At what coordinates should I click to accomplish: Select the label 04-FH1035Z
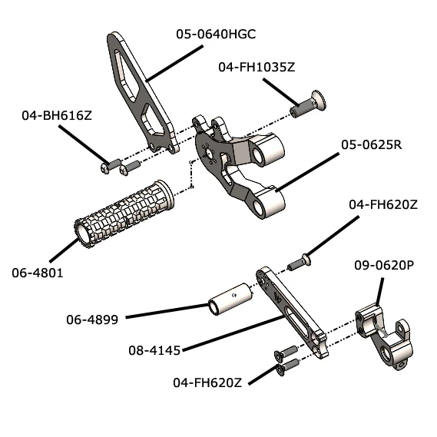pos(257,68)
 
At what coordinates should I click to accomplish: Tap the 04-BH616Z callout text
pos(57,116)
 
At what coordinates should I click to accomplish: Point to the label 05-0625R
pos(371,145)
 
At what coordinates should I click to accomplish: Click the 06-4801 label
pos(37,271)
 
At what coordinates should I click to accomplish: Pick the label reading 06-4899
pos(92,319)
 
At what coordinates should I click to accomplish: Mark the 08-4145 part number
pos(154,350)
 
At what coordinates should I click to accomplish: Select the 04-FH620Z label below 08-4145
pos(208,382)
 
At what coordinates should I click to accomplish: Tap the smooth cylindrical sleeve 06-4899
pos(227,299)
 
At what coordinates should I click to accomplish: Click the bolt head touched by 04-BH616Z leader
pos(107,166)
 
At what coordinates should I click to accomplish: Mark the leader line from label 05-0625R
pos(307,170)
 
